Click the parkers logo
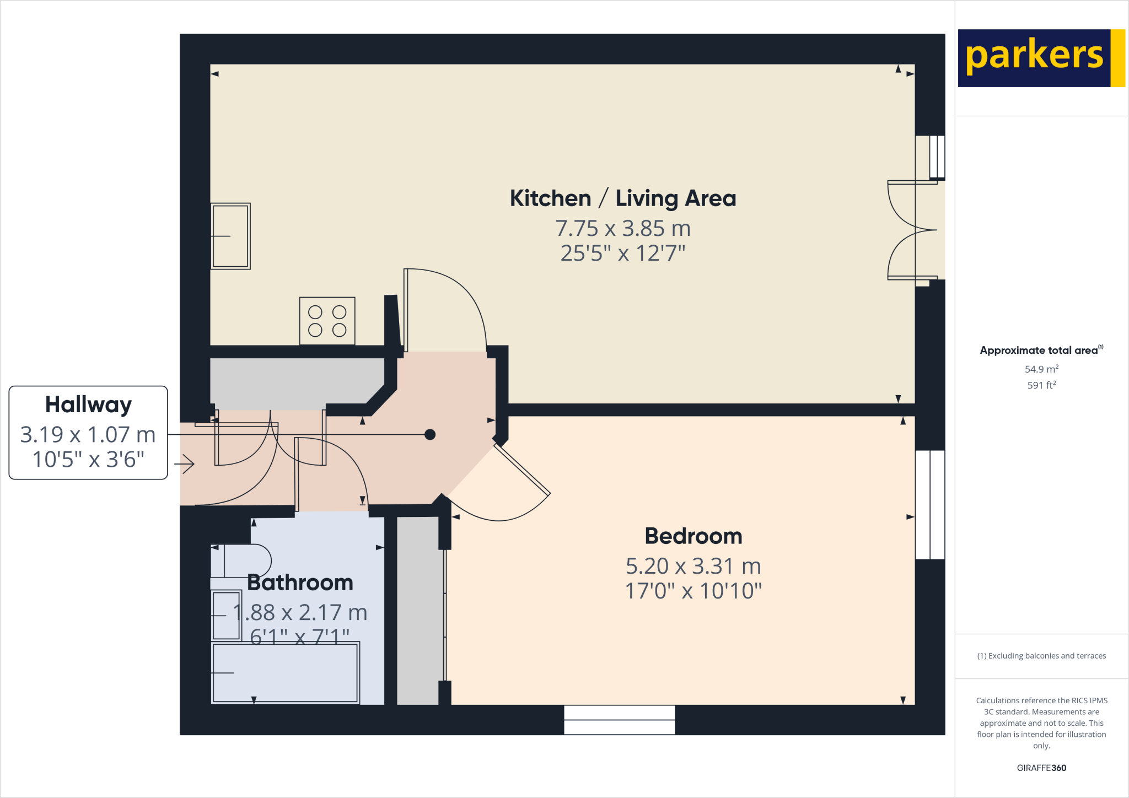coord(1041,58)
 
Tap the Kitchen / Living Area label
coord(622,198)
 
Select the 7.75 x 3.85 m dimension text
coord(622,228)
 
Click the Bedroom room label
coord(693,536)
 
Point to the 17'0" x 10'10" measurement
coord(693,591)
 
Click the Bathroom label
coord(300,583)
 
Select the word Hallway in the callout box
coord(88,405)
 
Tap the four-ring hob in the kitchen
coord(327,321)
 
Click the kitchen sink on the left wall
coord(230,236)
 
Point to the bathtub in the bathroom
coord(285,673)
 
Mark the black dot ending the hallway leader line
coord(430,434)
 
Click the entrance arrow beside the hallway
coord(185,464)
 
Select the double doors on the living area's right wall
coord(912,230)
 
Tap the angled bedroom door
coord(522,470)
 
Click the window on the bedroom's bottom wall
coord(619,720)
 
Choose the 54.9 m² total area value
coord(1041,369)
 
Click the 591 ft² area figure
coord(1041,385)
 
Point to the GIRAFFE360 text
coord(1041,768)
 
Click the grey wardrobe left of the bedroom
coord(418,610)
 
